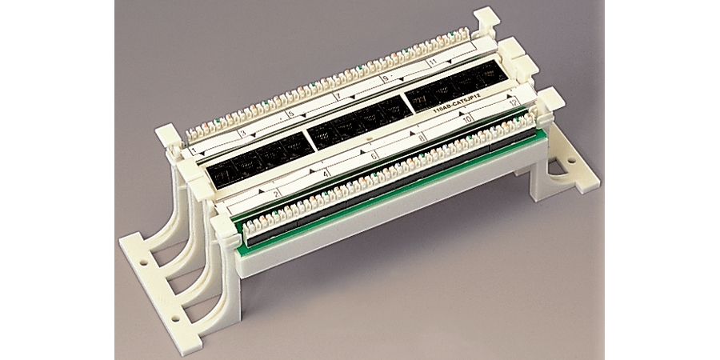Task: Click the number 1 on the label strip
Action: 194,150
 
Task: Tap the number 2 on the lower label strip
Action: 277,192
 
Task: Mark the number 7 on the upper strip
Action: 334,96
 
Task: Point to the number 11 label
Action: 433,62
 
